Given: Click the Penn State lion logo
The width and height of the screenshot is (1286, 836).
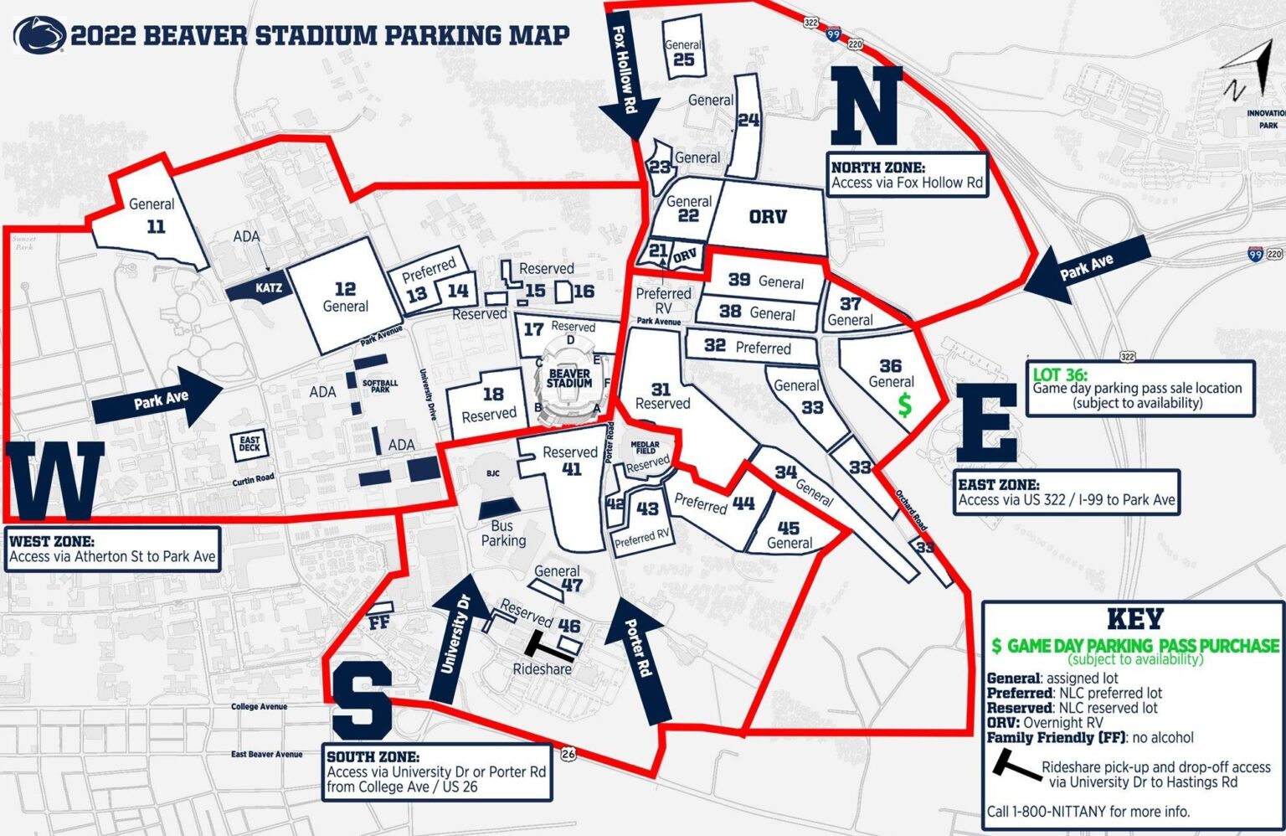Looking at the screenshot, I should click(x=39, y=35).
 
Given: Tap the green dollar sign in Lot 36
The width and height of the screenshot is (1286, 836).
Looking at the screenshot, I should click(x=904, y=405).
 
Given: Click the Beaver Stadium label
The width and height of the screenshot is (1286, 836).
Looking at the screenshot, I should click(x=569, y=378).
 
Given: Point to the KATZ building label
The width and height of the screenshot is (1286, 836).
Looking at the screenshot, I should click(x=268, y=288).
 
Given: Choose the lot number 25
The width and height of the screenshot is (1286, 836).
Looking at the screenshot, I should click(x=683, y=59).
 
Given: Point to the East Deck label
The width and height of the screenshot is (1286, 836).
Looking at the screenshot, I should click(x=249, y=444).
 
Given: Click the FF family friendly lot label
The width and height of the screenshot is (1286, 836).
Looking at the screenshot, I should click(x=379, y=622).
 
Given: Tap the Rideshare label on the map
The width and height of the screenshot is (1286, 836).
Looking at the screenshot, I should click(x=542, y=668).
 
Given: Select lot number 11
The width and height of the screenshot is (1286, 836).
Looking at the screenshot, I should click(x=156, y=226).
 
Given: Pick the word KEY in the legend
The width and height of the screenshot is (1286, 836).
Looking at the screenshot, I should click(x=1134, y=619).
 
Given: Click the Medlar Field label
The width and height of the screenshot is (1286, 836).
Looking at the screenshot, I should click(x=645, y=446).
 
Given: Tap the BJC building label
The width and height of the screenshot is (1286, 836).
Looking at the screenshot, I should click(x=493, y=473).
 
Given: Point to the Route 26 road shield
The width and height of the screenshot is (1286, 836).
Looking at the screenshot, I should click(x=568, y=754).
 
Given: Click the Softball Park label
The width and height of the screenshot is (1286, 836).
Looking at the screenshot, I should click(x=380, y=385).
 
